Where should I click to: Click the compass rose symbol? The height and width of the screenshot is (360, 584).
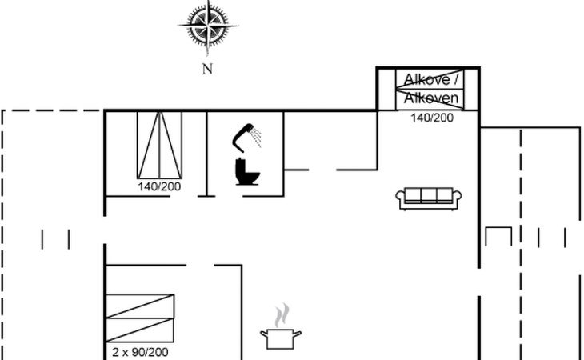(x=207, y=26)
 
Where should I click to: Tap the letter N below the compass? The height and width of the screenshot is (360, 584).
(x=207, y=69)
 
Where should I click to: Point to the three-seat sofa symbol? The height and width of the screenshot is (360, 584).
(x=430, y=198)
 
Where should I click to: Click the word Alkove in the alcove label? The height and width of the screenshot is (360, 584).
(x=426, y=79)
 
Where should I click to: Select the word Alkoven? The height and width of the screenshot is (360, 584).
(x=431, y=98)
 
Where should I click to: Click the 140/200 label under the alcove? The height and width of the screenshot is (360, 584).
(x=432, y=118)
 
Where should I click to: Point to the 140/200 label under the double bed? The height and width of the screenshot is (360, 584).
(x=160, y=186)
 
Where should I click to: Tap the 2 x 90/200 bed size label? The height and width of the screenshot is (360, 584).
(x=141, y=352)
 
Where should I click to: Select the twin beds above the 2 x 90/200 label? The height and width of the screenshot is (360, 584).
(x=140, y=318)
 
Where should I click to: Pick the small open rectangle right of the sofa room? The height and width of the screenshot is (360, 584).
(x=498, y=237)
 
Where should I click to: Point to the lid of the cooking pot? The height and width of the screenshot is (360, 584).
(x=281, y=330)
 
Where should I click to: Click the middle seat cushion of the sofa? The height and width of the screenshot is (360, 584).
(x=430, y=195)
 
